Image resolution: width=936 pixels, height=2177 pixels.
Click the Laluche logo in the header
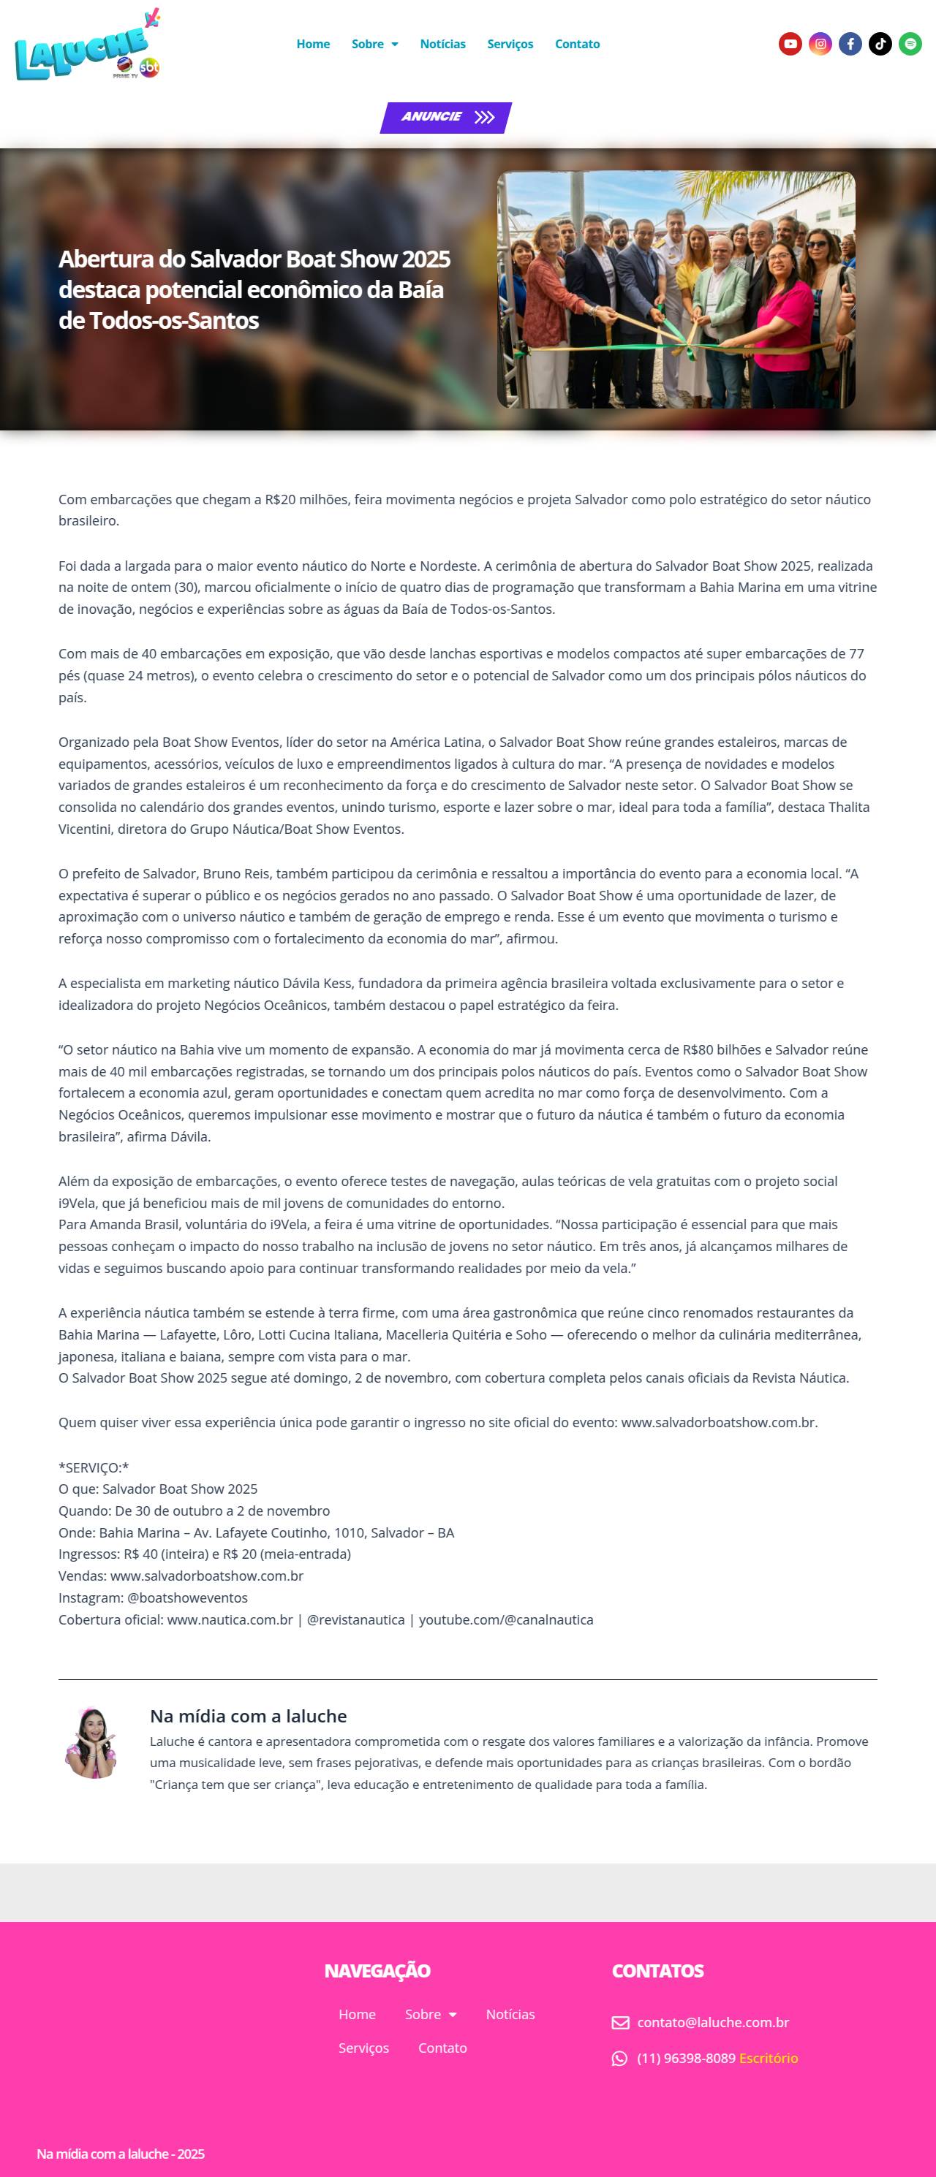[x=87, y=45]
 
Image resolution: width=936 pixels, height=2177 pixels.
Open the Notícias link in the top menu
[x=442, y=44]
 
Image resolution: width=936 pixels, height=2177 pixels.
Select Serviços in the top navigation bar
[x=510, y=44]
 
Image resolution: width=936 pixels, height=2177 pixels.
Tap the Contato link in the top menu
[x=577, y=44]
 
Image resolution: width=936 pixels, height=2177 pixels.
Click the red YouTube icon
[x=790, y=44]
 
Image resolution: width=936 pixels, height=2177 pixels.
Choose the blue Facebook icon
[x=850, y=44]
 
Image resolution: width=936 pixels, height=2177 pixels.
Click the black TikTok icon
[x=880, y=44]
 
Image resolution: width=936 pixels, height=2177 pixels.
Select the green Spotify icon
[x=910, y=44]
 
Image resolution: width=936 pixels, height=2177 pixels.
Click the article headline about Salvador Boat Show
[x=254, y=289]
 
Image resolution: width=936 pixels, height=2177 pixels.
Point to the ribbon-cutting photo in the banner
[x=676, y=290]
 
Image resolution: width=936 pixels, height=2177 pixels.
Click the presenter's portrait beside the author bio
[x=91, y=1743]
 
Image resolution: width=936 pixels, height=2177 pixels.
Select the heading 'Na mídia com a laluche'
[x=248, y=1716]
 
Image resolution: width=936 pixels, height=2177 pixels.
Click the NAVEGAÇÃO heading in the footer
[x=377, y=1971]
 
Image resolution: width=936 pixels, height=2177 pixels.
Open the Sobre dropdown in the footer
[x=431, y=2014]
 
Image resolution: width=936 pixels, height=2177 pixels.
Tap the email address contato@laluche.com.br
[x=712, y=2022]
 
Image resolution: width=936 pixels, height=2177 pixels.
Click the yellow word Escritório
[x=768, y=2058]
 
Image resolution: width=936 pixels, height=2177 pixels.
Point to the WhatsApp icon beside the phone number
[x=620, y=2058]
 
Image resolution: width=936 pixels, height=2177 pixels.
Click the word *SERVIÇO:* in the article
[x=93, y=1467]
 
